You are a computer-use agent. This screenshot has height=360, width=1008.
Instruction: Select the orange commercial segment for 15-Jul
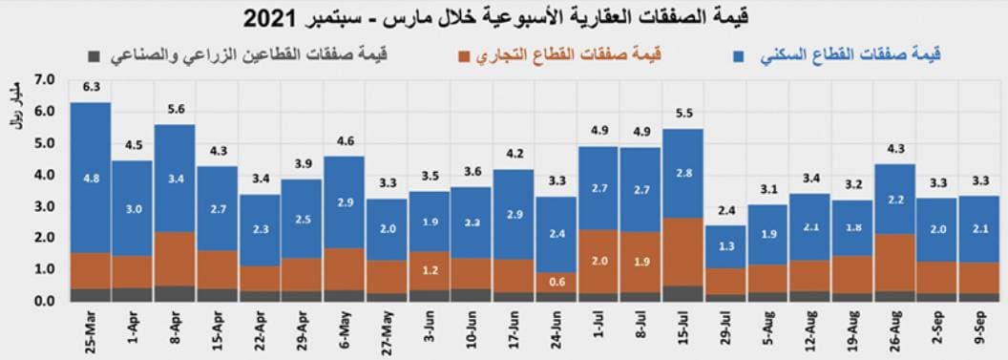(682, 252)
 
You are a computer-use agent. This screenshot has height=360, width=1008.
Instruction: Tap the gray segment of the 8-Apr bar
(175, 293)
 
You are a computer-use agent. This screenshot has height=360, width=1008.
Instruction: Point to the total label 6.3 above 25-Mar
(92, 86)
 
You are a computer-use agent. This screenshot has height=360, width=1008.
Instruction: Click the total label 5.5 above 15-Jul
(682, 113)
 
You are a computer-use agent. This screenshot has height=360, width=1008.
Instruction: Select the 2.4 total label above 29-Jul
(725, 211)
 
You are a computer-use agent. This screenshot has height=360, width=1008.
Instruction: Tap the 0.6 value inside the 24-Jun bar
(556, 281)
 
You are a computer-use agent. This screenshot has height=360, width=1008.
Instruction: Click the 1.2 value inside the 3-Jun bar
(430, 270)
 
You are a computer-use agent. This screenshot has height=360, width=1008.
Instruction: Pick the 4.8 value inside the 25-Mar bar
(92, 177)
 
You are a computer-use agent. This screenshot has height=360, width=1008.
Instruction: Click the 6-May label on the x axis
(346, 325)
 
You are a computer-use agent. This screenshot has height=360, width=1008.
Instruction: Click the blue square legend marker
(739, 55)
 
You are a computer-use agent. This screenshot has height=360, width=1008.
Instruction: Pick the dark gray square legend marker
(93, 55)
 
